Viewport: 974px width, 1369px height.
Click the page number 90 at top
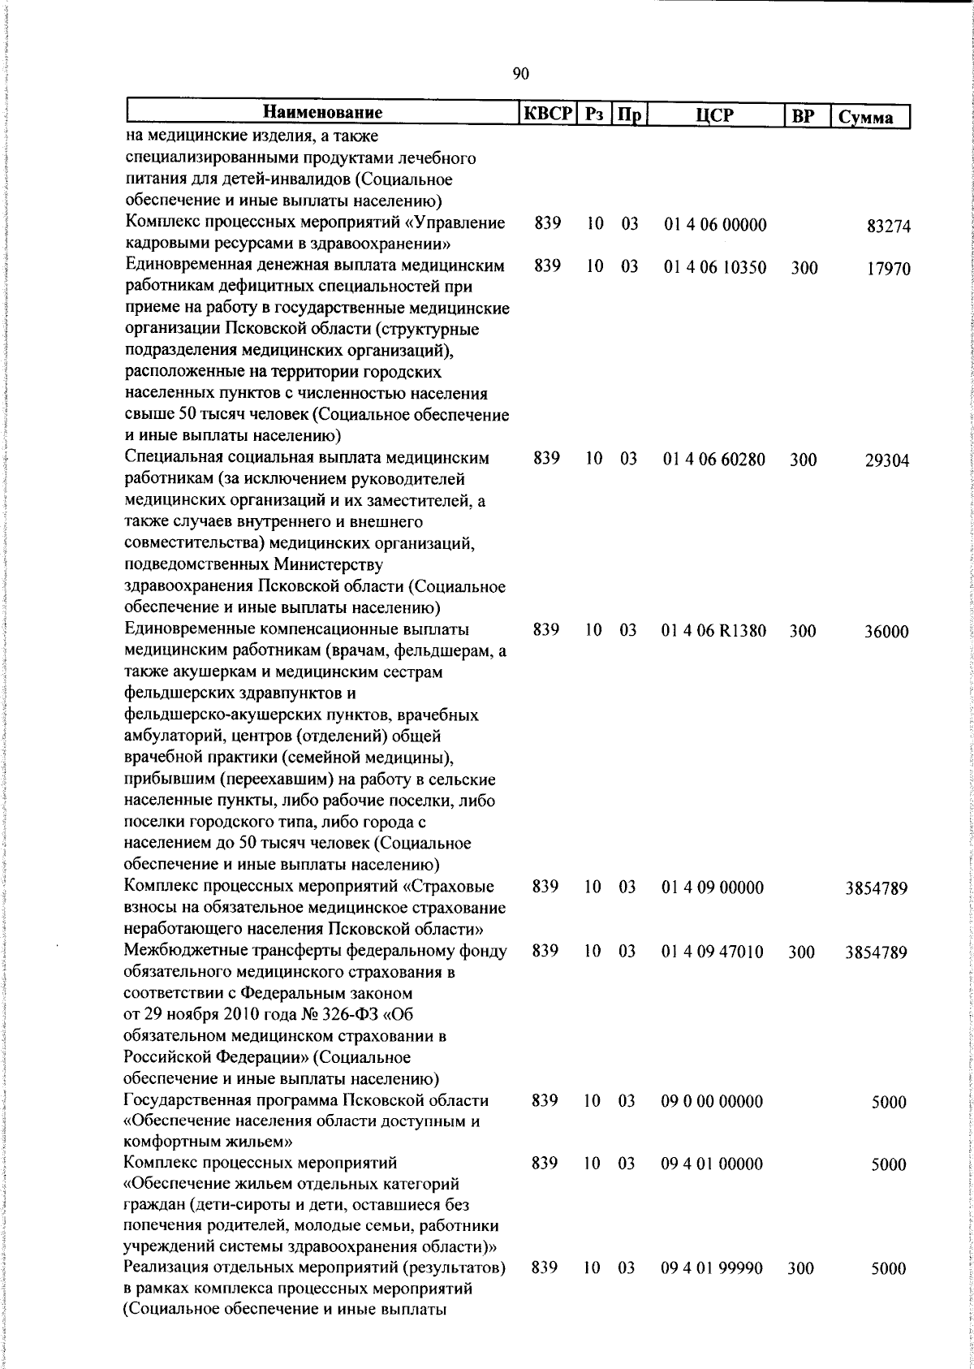[x=521, y=75]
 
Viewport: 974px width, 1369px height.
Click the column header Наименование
[x=323, y=113]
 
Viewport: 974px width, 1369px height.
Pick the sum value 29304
[x=888, y=461]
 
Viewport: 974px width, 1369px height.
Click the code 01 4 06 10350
[x=715, y=267]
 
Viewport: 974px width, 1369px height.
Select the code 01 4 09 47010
[x=713, y=952]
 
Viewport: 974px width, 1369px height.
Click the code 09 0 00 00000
[x=713, y=1102]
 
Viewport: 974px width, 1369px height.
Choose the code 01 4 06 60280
[x=714, y=460]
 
